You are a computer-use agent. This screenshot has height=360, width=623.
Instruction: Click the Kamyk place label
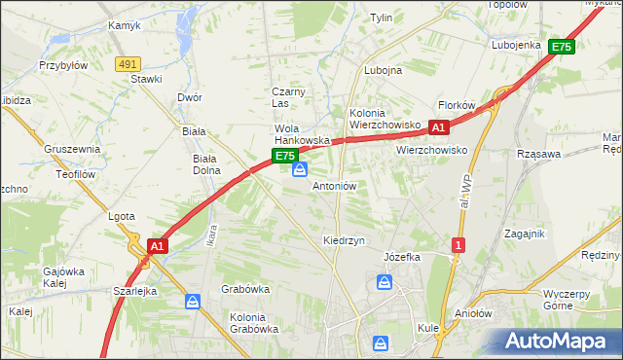124,25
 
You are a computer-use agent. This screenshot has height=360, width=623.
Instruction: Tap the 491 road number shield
126,63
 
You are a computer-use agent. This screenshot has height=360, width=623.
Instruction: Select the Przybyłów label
63,66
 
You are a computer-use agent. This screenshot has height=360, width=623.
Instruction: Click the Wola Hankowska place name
302,134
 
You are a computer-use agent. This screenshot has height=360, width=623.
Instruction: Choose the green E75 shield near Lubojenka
561,47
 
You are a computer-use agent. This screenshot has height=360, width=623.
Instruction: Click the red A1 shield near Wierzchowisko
438,127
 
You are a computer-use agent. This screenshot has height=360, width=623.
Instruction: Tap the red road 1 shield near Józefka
457,245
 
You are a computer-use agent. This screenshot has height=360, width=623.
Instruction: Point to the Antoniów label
334,185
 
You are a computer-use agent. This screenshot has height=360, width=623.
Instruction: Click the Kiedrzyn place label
344,239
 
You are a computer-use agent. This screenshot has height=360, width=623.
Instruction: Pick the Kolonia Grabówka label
254,322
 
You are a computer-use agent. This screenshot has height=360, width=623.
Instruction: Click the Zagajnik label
524,234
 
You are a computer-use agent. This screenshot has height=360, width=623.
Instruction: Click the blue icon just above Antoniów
299,171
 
